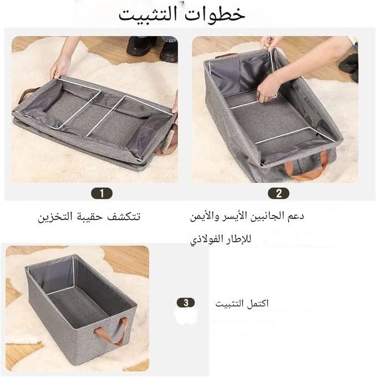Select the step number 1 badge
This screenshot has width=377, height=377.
click(x=101, y=193)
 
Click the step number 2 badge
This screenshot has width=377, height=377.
click(x=278, y=193)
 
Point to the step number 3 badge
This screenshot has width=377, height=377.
click(x=186, y=303)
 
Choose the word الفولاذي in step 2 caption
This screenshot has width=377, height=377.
click(x=203, y=240)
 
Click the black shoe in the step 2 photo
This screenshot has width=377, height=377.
click(x=349, y=63)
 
